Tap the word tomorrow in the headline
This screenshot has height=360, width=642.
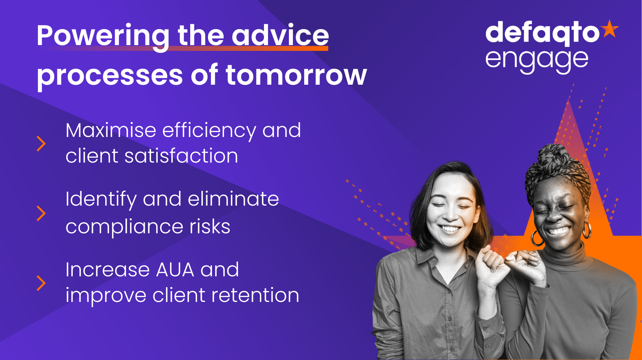[x=296, y=75]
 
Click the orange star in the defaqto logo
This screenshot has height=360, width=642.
[x=610, y=28]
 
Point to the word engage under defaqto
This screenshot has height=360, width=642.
[x=537, y=61]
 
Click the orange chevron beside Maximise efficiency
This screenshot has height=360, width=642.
[x=41, y=144]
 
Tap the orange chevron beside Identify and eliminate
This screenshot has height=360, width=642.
[x=41, y=213]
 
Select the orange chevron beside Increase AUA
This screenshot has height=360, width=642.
[x=41, y=283]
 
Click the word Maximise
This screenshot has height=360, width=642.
[x=111, y=130]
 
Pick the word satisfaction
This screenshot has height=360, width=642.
[x=181, y=156]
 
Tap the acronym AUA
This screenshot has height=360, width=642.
[x=175, y=270]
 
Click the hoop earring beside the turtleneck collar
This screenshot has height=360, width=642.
[x=536, y=238]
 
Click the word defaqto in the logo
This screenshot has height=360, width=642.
[x=542, y=33]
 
